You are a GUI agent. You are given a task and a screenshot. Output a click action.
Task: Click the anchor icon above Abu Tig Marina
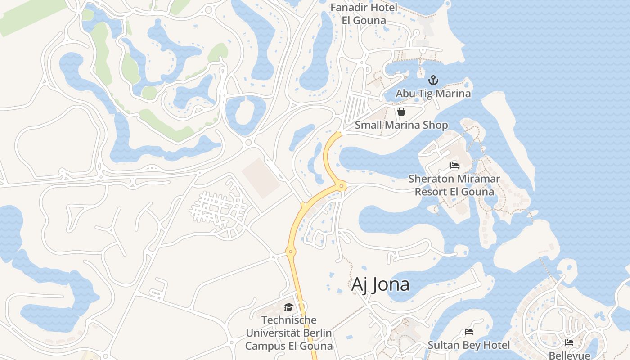[x=433, y=81]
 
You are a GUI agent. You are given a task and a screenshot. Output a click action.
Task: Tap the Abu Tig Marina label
[x=433, y=94]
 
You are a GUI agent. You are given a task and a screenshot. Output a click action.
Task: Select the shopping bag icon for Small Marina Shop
[x=401, y=112]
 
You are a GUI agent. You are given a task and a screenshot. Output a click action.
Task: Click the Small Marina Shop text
[x=401, y=125]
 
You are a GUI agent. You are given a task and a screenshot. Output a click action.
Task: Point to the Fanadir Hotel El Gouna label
[x=364, y=14]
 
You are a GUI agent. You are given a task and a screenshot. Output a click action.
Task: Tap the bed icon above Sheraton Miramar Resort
[x=454, y=166]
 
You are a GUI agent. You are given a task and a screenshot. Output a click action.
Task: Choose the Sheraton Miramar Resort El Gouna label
[x=454, y=185]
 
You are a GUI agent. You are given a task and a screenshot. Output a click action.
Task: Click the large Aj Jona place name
[x=380, y=284]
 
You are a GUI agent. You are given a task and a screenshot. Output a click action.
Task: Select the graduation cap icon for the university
[x=288, y=307]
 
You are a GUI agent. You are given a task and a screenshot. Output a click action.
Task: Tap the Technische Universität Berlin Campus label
[x=288, y=333]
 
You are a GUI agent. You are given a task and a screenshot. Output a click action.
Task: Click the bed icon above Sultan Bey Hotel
[x=469, y=332]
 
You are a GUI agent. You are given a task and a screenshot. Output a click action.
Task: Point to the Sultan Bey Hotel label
[x=469, y=345]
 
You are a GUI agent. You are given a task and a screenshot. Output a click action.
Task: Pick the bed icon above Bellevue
[x=569, y=342]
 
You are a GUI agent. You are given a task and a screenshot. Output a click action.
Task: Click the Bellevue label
[x=569, y=355]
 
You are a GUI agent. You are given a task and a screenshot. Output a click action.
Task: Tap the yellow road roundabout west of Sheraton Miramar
[x=342, y=185]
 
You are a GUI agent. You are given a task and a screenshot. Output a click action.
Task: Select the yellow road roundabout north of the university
[x=291, y=252]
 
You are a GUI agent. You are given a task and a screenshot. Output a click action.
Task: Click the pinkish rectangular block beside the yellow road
[x=261, y=178]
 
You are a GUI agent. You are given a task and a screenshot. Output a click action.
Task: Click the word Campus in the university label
[x=264, y=346]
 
